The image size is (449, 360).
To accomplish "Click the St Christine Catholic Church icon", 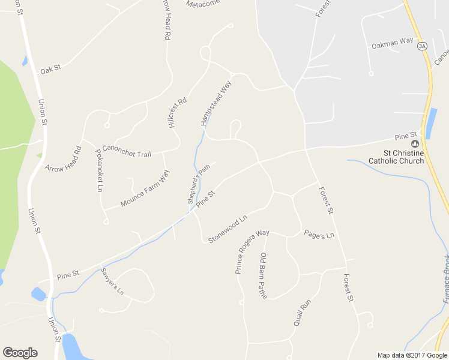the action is (414, 143).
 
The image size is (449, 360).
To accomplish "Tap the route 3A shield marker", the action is (423, 46).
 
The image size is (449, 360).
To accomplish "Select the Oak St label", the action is (50, 69).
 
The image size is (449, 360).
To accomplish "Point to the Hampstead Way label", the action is (216, 103).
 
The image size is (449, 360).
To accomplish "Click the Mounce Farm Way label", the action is (145, 188).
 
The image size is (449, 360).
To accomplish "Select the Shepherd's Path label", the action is (199, 184).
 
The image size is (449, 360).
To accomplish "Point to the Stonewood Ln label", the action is (228, 230).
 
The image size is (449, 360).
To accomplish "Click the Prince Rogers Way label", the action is (252, 251).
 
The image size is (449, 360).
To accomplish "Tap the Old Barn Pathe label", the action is (263, 275).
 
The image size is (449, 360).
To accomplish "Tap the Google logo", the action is (20, 353).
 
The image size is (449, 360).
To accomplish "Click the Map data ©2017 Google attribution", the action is (412, 355).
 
